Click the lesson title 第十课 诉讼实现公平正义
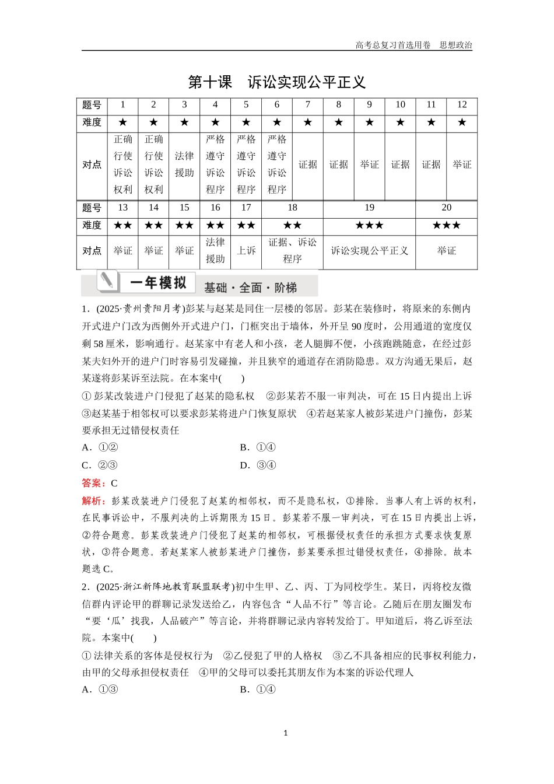click(276, 82)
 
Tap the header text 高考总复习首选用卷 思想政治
click(413, 45)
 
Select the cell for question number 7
click(308, 105)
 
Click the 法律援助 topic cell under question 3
click(184, 164)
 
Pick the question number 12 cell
click(462, 105)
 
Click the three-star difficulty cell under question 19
click(369, 225)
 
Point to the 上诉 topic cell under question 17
click(246, 251)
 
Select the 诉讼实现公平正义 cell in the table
click(369, 251)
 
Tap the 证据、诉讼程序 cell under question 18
click(292, 251)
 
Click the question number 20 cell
click(446, 208)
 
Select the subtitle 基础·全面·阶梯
click(251, 288)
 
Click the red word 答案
click(93, 483)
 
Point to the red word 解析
click(93, 501)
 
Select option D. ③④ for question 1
click(258, 465)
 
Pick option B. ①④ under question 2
click(258, 689)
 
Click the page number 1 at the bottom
click(285, 733)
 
